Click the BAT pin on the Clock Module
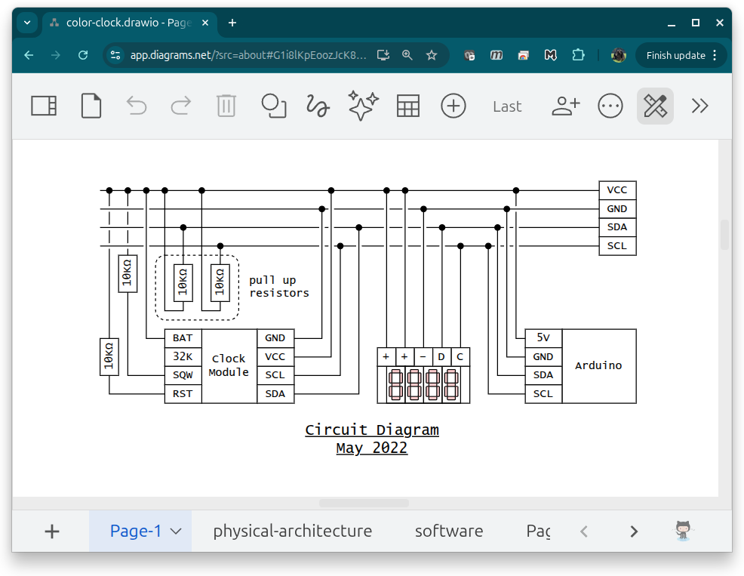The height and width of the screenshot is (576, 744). (x=183, y=338)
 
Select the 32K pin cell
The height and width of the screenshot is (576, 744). (x=183, y=356)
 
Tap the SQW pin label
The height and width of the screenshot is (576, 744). (x=183, y=375)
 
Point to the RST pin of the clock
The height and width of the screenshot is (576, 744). (x=183, y=393)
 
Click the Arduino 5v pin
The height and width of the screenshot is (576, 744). (x=543, y=338)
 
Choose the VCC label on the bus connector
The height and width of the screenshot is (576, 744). (x=616, y=190)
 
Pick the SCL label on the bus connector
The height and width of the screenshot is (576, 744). (x=616, y=246)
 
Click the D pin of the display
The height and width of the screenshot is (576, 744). (x=441, y=356)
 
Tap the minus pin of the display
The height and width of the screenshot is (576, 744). (x=423, y=356)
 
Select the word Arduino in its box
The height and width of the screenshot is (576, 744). (x=598, y=365)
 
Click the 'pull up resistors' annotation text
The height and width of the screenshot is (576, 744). (x=279, y=286)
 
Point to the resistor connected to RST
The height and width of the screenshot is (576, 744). (x=109, y=356)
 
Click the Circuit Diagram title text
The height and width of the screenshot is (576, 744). (x=372, y=430)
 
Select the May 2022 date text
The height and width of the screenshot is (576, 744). (x=372, y=448)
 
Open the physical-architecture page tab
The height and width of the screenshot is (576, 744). (x=292, y=531)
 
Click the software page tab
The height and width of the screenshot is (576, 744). (x=449, y=531)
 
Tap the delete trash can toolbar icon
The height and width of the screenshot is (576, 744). (x=226, y=106)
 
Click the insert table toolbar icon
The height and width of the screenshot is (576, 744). (x=408, y=106)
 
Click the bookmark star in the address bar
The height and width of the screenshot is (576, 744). (x=432, y=55)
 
